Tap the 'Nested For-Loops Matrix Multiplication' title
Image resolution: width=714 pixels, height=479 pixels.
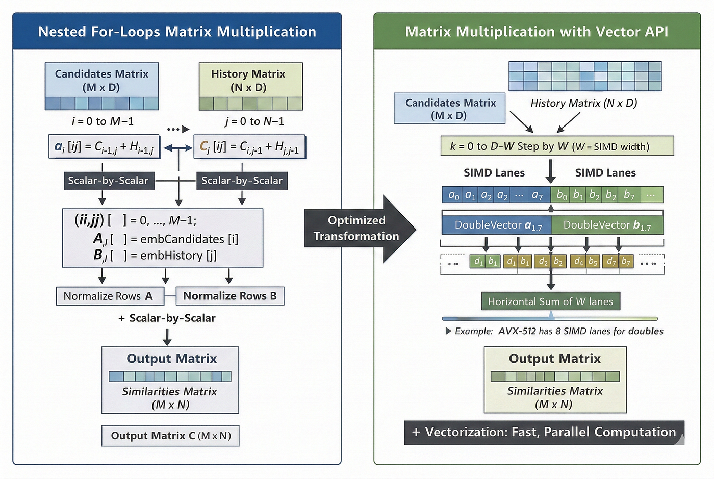(x=177, y=32)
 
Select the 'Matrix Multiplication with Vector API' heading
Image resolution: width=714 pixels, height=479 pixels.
(x=537, y=32)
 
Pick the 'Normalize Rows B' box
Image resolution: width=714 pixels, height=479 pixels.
(x=230, y=296)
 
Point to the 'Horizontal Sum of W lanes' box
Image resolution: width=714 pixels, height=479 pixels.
(x=551, y=301)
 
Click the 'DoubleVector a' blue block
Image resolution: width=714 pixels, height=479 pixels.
(x=497, y=225)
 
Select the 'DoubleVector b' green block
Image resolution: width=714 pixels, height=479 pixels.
(x=607, y=225)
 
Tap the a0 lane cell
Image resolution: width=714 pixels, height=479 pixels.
(x=453, y=194)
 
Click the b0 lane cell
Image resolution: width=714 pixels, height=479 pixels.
(x=562, y=194)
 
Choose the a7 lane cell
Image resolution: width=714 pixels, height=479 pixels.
(x=538, y=194)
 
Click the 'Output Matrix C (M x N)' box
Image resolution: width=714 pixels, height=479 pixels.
(x=170, y=436)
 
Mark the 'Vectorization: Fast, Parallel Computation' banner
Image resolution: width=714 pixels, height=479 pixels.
(x=544, y=433)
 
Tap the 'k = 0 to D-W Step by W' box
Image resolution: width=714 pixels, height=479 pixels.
(x=557, y=146)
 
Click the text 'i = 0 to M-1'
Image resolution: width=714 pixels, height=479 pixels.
(x=103, y=121)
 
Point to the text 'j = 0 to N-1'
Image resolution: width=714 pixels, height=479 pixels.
(x=254, y=121)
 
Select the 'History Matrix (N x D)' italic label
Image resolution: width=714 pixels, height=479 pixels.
(x=583, y=103)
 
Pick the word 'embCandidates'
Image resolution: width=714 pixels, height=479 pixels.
(x=183, y=239)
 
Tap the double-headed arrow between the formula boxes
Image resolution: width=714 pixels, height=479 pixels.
(x=178, y=148)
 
